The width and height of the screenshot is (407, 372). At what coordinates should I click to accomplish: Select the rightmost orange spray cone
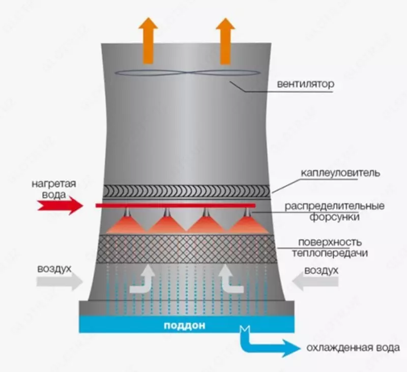[248, 224]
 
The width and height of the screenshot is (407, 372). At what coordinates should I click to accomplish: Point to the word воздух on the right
[321, 270]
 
